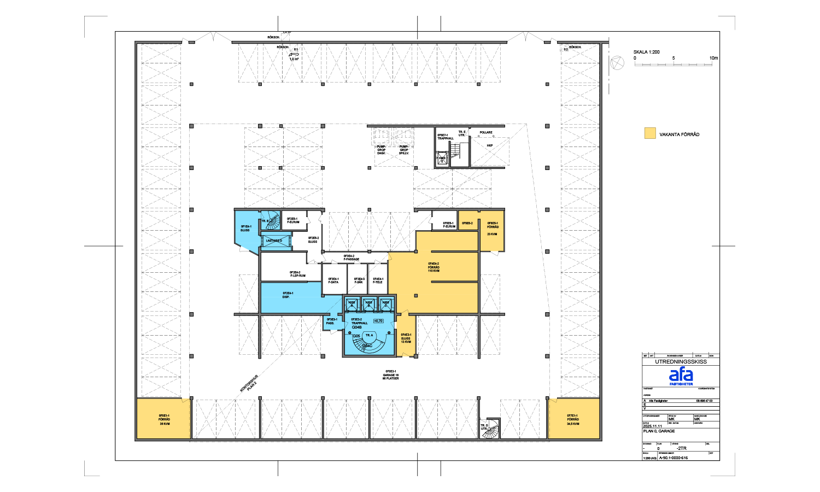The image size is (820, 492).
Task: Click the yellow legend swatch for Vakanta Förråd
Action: (650, 133)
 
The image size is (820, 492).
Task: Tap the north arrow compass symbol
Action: (617, 63)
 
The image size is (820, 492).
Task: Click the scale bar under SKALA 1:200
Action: (673, 65)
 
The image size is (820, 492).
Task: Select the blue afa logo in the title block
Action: (681, 376)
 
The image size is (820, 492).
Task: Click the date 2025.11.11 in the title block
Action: (652, 426)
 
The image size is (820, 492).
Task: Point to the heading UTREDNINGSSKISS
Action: (681, 362)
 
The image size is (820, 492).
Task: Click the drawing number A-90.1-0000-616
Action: (673, 458)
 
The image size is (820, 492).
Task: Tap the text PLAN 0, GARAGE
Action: (659, 431)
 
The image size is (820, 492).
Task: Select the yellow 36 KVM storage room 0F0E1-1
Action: (163, 419)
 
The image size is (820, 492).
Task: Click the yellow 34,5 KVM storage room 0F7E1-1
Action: (573, 419)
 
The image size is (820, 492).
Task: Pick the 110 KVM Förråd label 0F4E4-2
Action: (434, 267)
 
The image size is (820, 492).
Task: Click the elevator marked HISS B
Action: (369, 303)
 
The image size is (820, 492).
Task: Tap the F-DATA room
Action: (333, 280)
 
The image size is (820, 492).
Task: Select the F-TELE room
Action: (378, 280)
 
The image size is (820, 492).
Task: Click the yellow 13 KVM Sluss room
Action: (406, 338)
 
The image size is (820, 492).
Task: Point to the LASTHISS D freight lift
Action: (275, 241)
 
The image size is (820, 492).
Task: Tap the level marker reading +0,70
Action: (378, 321)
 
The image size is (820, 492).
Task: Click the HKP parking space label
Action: (490, 145)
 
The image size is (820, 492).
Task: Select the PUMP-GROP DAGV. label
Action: (381, 150)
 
